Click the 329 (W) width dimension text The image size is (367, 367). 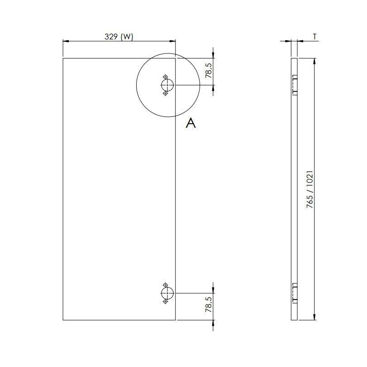pos(119,37)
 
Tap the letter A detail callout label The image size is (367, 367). pos(191,123)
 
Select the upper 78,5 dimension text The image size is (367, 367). pos(209,71)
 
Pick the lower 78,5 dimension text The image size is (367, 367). pos(209,304)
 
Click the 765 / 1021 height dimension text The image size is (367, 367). pos(310,189)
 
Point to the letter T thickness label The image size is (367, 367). pos(315,37)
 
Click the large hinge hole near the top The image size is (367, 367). pos(167,85)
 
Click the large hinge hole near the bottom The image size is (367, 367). pos(167,293)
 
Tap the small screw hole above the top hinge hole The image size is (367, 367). pos(166,77)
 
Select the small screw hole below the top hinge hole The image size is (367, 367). pos(166,93)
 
